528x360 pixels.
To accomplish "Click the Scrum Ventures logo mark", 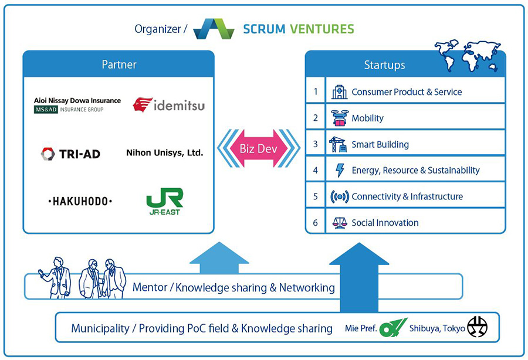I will coord(214,29).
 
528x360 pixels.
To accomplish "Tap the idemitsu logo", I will coord(168,106).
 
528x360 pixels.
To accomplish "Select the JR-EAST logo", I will coord(164,201).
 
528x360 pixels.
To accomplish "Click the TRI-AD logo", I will coord(70,154).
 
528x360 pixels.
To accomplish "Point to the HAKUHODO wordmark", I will coord(80,201).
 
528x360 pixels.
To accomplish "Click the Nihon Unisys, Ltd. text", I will coord(165,153).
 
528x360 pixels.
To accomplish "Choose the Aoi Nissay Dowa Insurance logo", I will coord(77,105).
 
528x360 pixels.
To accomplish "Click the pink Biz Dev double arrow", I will coord(258,148).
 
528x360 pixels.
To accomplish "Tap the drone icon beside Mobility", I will coord(339,118).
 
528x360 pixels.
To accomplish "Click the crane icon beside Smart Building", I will coord(339,144).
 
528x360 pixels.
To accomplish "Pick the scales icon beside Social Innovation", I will coord(340,223).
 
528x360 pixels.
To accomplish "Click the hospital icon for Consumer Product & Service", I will coord(339,92).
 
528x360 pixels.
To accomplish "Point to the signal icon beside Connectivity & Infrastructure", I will coord(340,196).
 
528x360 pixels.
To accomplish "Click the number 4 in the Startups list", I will coord(316,171).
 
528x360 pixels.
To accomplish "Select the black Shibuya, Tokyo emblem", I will coord(477,327).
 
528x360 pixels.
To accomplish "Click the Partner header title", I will coord(119,64).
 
